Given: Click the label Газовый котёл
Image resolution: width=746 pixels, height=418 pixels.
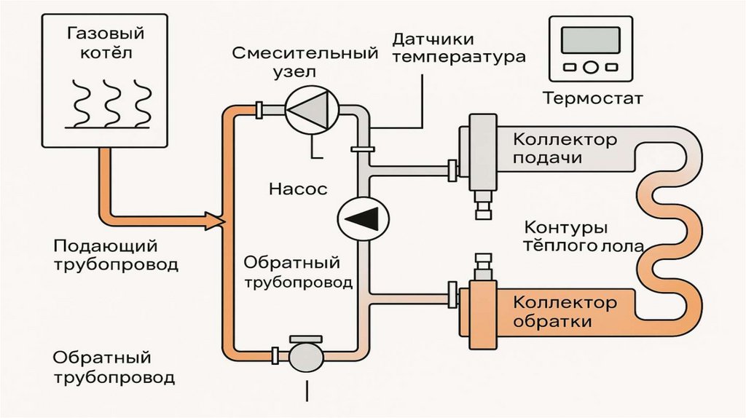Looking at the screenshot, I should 106,43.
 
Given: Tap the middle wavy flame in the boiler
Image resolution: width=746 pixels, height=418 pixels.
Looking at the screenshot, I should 111,102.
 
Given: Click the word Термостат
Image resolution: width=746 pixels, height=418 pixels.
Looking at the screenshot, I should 592,98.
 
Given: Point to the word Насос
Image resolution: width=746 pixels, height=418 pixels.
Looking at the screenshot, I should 298,189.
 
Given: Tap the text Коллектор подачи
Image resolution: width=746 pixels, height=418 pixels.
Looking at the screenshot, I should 565,149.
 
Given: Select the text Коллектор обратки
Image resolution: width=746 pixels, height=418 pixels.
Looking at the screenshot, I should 565,311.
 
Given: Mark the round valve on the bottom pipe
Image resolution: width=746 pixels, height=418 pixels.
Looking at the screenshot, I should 305,357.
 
